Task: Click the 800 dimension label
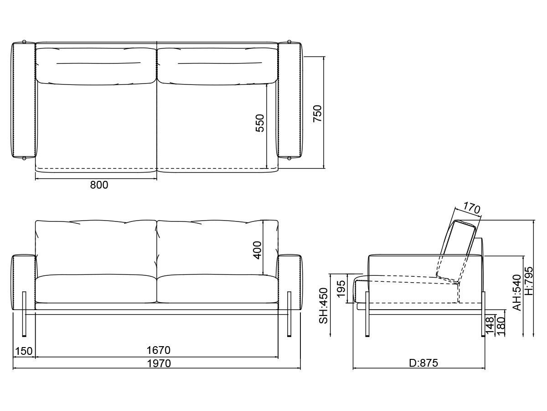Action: click(x=99, y=185)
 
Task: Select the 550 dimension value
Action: click(x=260, y=123)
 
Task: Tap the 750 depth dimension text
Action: click(x=317, y=114)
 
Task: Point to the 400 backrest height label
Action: click(x=257, y=250)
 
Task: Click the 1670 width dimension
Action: click(x=158, y=350)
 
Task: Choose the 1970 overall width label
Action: click(x=159, y=364)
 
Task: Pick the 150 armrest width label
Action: click(x=24, y=351)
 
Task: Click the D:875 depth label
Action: click(x=423, y=363)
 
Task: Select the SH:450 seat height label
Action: click(x=324, y=306)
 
